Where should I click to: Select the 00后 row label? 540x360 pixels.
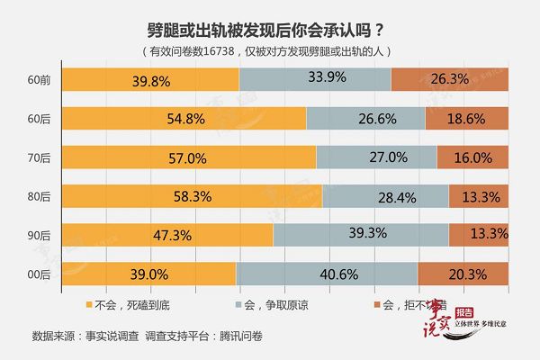point(40,274)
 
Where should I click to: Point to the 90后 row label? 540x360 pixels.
point(40,235)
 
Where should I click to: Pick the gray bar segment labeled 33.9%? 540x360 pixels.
point(315,79)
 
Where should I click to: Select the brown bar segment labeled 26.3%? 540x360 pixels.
point(450,79)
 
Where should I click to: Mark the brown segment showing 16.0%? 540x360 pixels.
point(472,157)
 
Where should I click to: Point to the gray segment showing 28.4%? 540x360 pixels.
point(385,196)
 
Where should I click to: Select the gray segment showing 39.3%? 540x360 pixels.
point(361,235)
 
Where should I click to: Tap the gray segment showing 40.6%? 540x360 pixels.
point(327,274)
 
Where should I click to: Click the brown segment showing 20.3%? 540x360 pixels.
point(463,274)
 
